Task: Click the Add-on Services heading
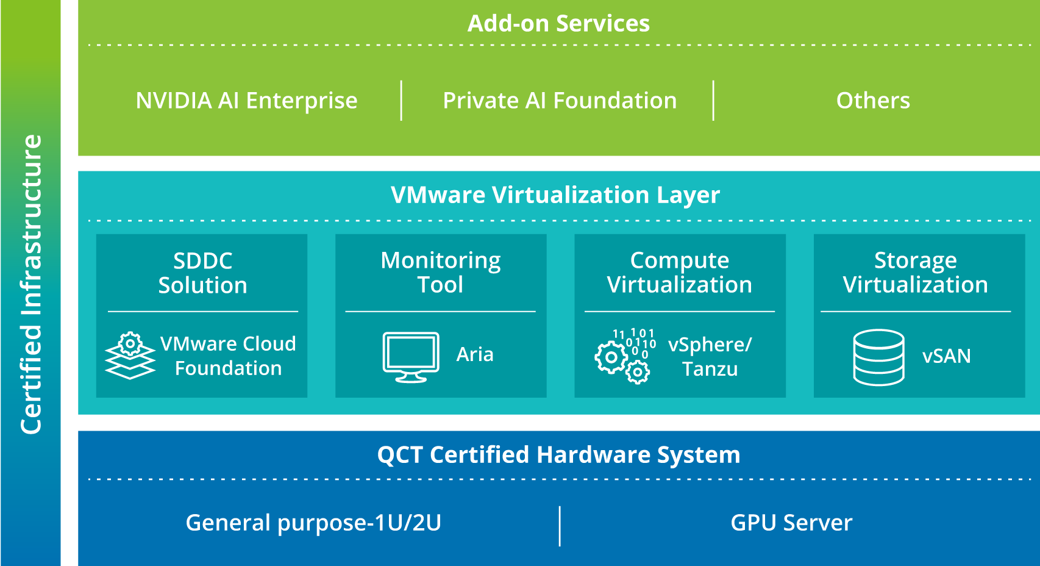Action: pos(558,24)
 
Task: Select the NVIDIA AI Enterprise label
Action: pos(246,101)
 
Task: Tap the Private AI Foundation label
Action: pos(560,101)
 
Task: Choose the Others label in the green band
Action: pos(873,101)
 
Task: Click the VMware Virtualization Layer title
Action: pos(555,195)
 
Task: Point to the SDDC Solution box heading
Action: pos(202,273)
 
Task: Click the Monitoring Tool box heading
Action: pos(440,272)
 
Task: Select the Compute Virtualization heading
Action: pos(679,272)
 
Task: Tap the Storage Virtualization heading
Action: pos(915,272)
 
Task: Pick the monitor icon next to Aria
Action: pos(411,357)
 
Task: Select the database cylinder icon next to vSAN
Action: pos(878,357)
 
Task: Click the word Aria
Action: pos(475,354)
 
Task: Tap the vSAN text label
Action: pos(946,356)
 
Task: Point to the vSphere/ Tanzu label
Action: pos(710,357)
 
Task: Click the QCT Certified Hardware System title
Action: pos(558,455)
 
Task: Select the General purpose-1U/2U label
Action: pos(313,523)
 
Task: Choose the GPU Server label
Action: pos(791,523)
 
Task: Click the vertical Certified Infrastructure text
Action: pos(31,284)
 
